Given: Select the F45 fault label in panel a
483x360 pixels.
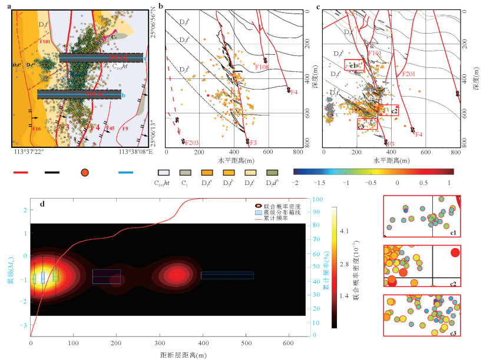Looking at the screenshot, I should tap(109, 128).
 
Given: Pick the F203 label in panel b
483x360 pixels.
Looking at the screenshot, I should tap(193, 143).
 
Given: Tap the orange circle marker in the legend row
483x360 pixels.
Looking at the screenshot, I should tap(85, 173).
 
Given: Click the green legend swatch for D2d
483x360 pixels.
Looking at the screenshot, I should tap(272, 173).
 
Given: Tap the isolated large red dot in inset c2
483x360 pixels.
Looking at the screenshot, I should tap(455, 253).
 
